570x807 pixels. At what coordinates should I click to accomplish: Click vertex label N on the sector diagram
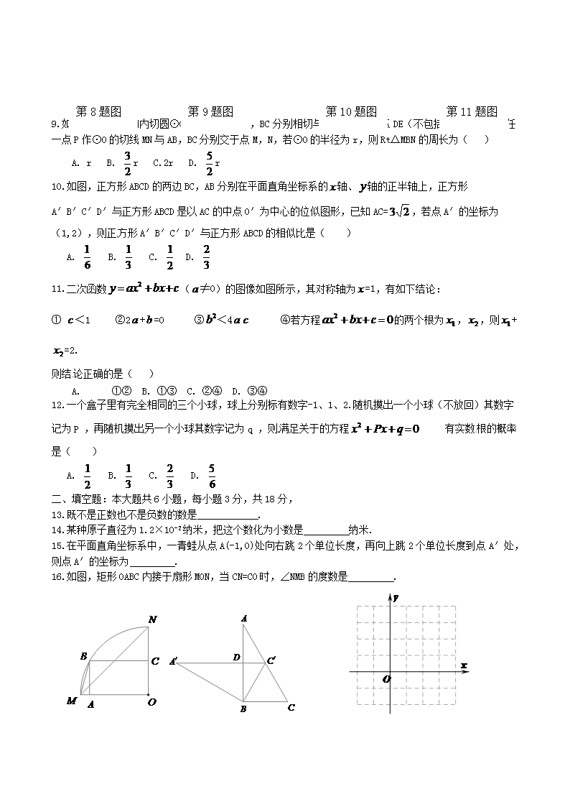(151, 619)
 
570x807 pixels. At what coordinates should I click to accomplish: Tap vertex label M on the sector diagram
(71, 701)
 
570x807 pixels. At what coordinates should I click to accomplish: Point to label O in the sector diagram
(151, 703)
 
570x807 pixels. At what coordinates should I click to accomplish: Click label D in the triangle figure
(236, 658)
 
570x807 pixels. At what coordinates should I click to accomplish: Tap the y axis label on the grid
(396, 599)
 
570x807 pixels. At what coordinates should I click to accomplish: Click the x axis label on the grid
(464, 665)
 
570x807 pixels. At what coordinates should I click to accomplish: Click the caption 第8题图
(98, 111)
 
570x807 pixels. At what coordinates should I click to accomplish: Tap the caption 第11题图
(472, 111)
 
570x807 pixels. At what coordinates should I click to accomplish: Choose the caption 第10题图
(351, 111)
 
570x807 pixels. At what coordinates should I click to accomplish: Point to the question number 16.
(57, 577)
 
